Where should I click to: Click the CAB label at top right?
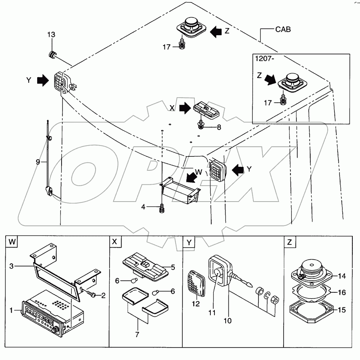283,29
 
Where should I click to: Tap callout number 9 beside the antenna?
38,162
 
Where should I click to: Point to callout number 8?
219,128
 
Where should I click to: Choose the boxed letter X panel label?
115,242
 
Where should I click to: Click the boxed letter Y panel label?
188,242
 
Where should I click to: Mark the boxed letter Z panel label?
289,242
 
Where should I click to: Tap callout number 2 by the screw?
103,296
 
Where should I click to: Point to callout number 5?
173,267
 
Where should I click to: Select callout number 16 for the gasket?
342,292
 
